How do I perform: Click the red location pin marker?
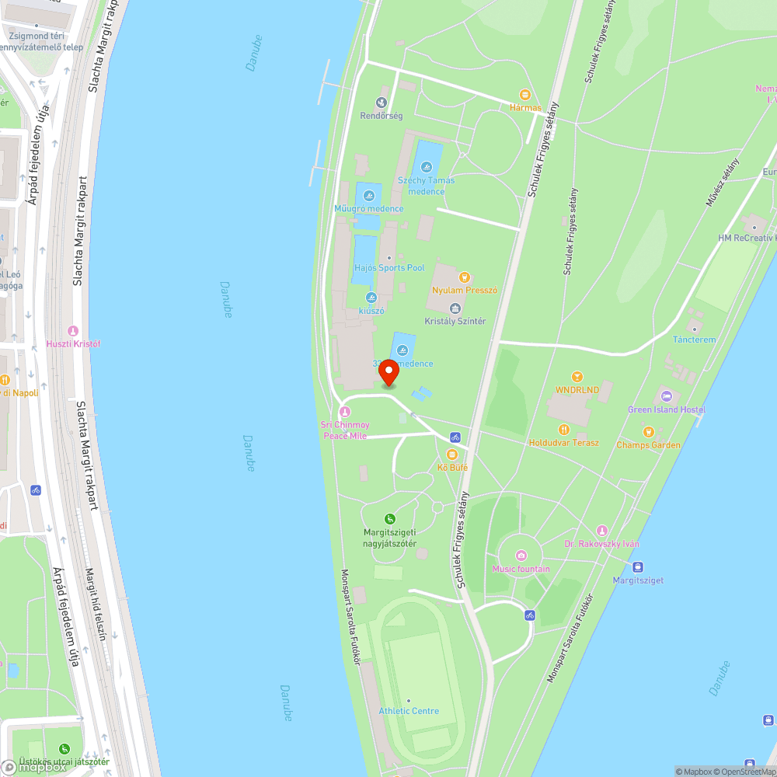(388, 372)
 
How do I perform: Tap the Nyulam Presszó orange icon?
(465, 277)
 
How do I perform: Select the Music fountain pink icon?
(521, 556)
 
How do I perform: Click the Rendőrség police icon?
(381, 102)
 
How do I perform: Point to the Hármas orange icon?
(525, 94)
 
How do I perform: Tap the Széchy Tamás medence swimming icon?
(426, 166)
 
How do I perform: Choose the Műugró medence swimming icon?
(368, 195)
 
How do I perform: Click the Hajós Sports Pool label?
(389, 268)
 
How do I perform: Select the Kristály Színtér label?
(455, 321)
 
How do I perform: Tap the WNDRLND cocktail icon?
(577, 377)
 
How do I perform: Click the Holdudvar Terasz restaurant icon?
(564, 429)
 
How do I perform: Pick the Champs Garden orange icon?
(648, 432)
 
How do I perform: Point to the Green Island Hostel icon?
(665, 396)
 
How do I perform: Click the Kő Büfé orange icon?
(452, 455)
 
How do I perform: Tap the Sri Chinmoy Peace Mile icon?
(345, 411)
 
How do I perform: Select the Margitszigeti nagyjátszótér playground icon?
(390, 518)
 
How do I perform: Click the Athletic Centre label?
(409, 711)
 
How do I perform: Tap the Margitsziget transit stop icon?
(638, 567)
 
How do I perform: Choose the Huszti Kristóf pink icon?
(74, 331)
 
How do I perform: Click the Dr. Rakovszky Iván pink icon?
(601, 530)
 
